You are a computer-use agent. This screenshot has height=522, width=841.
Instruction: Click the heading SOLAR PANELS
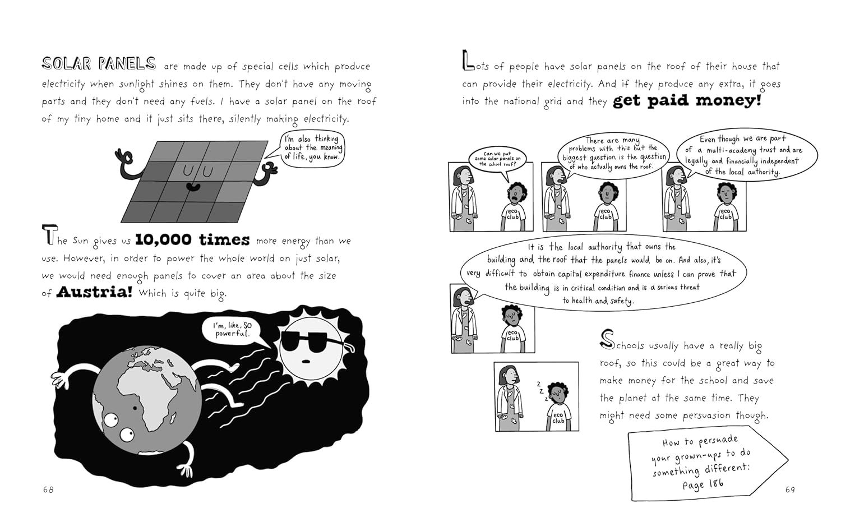(x=99, y=63)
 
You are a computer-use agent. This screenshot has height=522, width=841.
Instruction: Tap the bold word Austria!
(x=94, y=292)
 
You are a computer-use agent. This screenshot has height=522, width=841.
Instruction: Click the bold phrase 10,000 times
(x=192, y=239)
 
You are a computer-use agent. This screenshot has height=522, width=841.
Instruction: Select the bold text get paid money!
(x=687, y=101)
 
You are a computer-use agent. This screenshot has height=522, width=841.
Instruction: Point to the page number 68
(x=48, y=489)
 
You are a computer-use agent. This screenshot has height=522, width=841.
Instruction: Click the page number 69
(x=790, y=489)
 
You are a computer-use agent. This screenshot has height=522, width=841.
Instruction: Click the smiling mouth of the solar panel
(x=194, y=187)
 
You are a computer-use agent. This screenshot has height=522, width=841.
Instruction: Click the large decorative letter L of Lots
(x=468, y=61)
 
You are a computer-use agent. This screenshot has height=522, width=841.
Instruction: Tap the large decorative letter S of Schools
(x=607, y=339)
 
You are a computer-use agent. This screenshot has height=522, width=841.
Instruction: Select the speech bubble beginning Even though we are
(x=746, y=155)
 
